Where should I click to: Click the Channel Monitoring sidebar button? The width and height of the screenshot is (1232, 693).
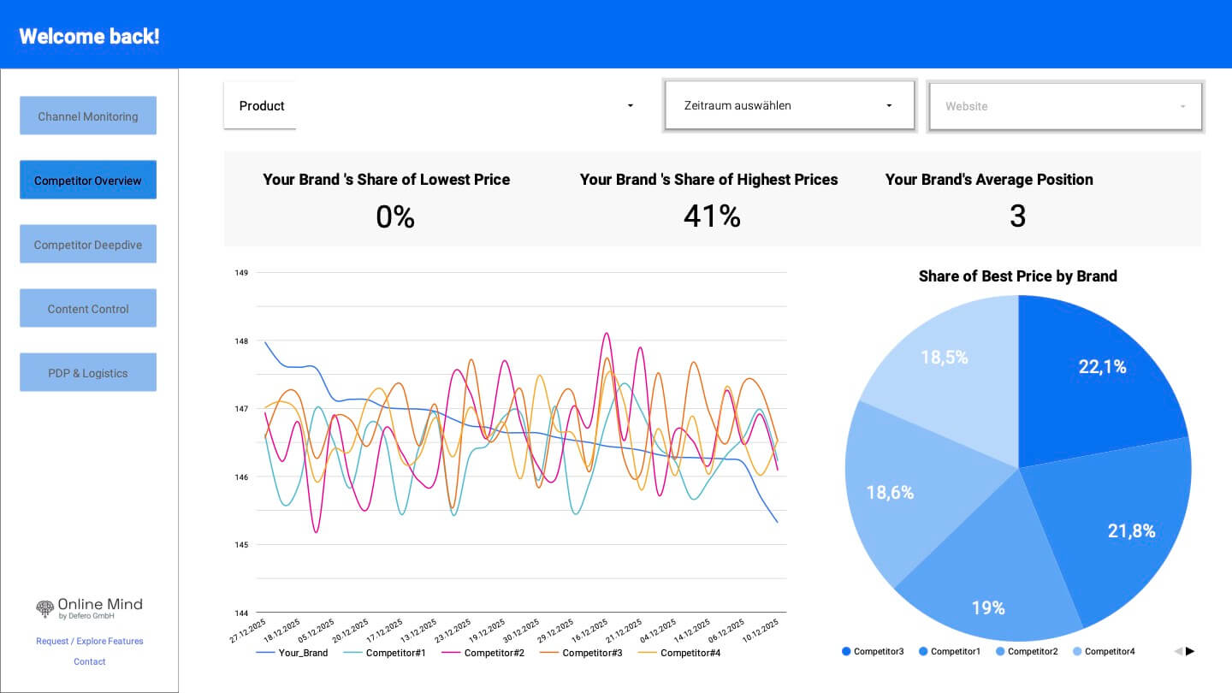click(88, 116)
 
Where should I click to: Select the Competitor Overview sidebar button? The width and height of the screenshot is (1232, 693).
click(88, 181)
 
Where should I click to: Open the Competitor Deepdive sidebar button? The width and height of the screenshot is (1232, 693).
click(88, 245)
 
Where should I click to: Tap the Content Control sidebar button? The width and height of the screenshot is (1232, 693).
click(88, 309)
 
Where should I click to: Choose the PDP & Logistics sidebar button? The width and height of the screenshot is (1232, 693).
click(88, 373)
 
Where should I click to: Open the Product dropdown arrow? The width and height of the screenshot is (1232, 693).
click(631, 106)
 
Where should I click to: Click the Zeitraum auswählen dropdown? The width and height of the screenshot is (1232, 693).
click(789, 106)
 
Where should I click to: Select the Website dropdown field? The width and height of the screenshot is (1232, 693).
click(1065, 107)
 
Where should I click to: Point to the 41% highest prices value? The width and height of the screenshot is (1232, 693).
click(711, 216)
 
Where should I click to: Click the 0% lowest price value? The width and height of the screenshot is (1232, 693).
click(395, 217)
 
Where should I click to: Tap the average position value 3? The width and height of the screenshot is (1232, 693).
click(1017, 216)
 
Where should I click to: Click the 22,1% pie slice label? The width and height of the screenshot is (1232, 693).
click(1102, 367)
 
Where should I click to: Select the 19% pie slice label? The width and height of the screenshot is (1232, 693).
click(987, 608)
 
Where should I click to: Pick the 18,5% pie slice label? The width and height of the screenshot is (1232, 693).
click(944, 358)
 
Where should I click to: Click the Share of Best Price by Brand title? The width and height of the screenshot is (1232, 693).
click(1017, 276)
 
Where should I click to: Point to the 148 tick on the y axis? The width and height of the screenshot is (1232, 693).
click(241, 341)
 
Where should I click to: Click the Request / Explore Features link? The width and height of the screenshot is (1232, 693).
click(90, 641)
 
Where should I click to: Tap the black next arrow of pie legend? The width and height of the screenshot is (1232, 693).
click(1190, 651)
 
